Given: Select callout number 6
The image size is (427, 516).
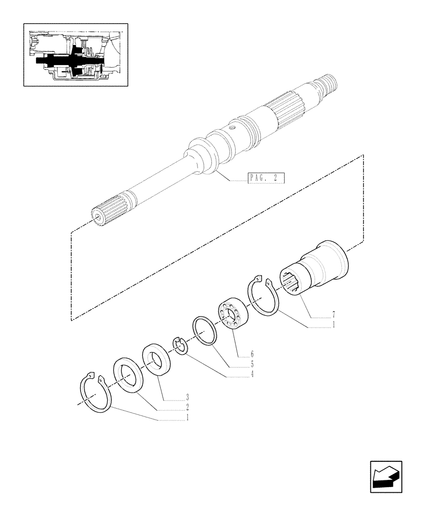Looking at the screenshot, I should pyautogui.click(x=252, y=354).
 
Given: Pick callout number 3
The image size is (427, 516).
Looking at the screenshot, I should pyautogui.click(x=188, y=398).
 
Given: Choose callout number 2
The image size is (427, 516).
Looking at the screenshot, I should pyautogui.click(x=188, y=408).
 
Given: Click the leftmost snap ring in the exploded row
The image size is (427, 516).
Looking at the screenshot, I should pyautogui.click(x=95, y=393).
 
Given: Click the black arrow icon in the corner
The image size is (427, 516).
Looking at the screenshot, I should pyautogui.click(x=386, y=477).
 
